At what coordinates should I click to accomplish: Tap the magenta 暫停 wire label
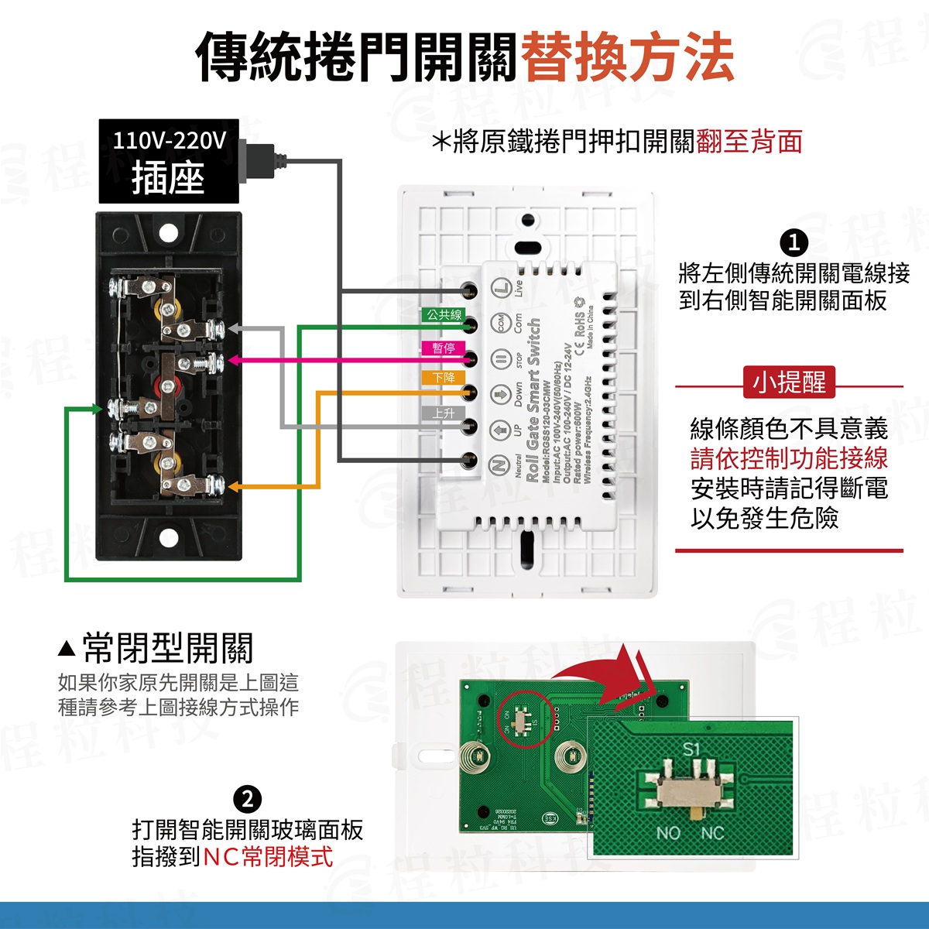pos(444,348)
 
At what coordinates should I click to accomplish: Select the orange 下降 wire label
pos(444,378)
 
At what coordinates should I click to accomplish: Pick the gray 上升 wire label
pos(444,413)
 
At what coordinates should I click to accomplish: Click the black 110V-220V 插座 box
pos(168,161)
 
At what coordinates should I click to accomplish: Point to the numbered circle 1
pos(794,243)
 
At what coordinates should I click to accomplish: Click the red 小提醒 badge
pos(790,382)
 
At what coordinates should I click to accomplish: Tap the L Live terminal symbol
pos(500,288)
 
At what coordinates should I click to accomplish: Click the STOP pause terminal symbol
pos(500,358)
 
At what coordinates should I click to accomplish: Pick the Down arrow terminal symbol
pos(500,393)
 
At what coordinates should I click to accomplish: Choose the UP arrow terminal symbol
pos(500,427)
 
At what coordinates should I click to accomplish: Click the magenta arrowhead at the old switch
pos(231,360)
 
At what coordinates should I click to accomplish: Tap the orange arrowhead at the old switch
pos(233,487)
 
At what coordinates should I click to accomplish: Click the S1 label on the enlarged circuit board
pos(691,749)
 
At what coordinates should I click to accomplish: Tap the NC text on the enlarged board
pos(712,833)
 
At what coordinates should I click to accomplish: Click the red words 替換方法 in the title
pos(627,58)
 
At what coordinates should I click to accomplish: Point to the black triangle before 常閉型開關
pos(67,647)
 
